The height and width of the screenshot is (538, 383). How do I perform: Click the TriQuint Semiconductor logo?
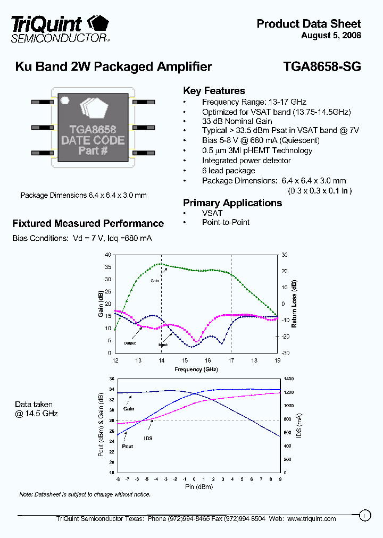pyautogui.click(x=61, y=28)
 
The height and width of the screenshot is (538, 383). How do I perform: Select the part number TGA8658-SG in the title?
pyautogui.click(x=322, y=67)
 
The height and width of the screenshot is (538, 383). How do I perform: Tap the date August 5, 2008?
pyautogui.click(x=331, y=36)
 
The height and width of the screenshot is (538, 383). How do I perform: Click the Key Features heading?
pyautogui.click(x=214, y=91)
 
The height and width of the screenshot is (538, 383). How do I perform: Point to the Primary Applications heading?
pyautogui.click(x=232, y=203)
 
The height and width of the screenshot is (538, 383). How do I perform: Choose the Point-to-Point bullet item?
pyautogui.click(x=226, y=222)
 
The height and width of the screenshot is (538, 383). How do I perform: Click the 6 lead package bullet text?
pyautogui.click(x=228, y=171)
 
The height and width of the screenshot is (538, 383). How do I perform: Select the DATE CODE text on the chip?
pyautogui.click(x=93, y=140)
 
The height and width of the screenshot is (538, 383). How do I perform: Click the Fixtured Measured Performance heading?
pyautogui.click(x=88, y=224)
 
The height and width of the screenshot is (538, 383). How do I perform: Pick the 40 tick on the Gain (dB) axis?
pyautogui.click(x=108, y=255)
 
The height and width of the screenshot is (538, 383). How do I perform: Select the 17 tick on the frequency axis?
pyautogui.click(x=231, y=360)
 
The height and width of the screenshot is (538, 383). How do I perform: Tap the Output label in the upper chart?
pyautogui.click(x=130, y=343)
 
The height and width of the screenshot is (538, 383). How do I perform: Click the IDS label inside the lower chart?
pyautogui.click(x=148, y=439)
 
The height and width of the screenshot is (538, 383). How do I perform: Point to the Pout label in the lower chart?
pyautogui.click(x=127, y=447)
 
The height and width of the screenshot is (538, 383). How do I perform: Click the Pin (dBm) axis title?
pyautogui.click(x=197, y=487)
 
